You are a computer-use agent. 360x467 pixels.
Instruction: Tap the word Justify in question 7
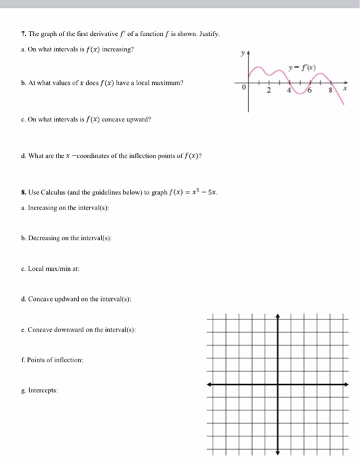click(x=207, y=33)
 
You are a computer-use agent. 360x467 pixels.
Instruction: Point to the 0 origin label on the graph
click(x=245, y=87)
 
